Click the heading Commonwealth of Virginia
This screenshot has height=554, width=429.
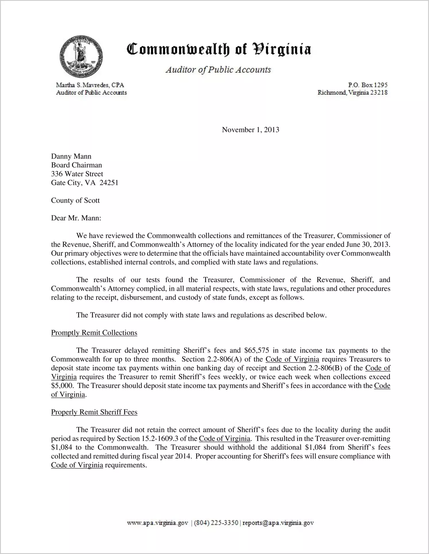click(x=219, y=49)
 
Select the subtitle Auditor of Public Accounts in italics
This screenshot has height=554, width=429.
click(x=218, y=70)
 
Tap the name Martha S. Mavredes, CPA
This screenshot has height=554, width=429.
click(x=90, y=85)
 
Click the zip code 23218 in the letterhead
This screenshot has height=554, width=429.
click(x=379, y=92)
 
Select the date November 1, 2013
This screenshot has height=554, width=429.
click(x=250, y=130)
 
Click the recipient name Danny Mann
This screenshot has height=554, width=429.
click(x=71, y=156)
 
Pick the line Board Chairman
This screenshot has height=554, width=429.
click(x=76, y=165)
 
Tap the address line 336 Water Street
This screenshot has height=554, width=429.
click(x=77, y=174)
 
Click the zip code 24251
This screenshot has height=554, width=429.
click(x=109, y=183)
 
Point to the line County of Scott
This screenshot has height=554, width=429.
click(x=75, y=200)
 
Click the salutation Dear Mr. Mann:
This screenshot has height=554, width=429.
click(x=76, y=218)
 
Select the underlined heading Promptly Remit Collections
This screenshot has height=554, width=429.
click(x=94, y=333)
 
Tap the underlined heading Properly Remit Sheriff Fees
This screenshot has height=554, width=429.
click(x=94, y=412)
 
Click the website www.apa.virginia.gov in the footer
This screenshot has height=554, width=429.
click(x=157, y=523)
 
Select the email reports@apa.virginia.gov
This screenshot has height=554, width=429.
click(x=278, y=523)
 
